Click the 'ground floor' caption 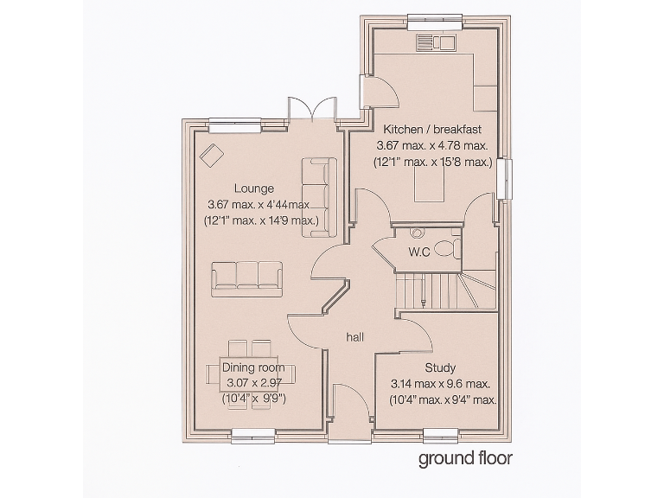(465, 458)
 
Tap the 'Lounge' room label (253, 188)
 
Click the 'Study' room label (440, 367)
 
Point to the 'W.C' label (419, 252)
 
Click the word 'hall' (354, 336)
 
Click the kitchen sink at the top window (430, 41)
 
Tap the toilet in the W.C (447, 249)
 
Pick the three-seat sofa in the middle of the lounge (246, 276)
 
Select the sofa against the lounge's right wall (319, 195)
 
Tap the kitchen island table (430, 186)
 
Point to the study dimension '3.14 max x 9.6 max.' (440, 384)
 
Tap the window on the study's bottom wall (440, 435)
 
